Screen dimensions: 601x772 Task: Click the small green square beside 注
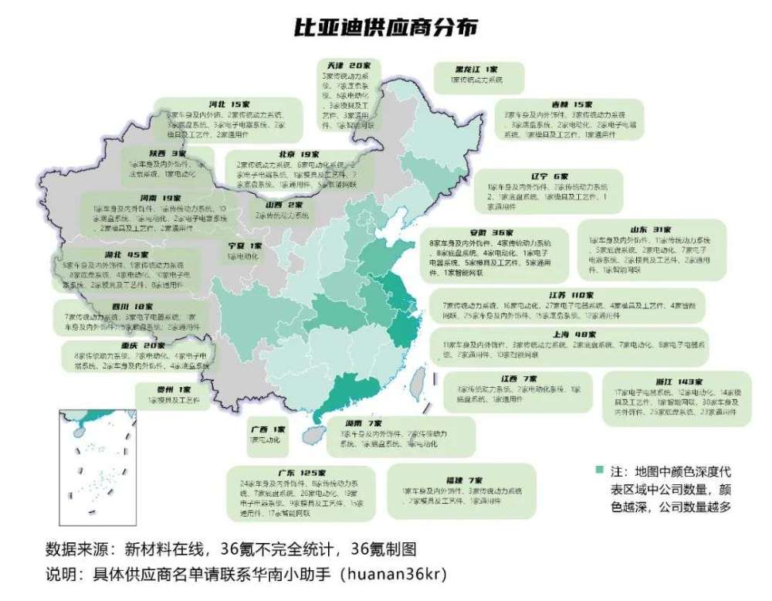tap(598, 470)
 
